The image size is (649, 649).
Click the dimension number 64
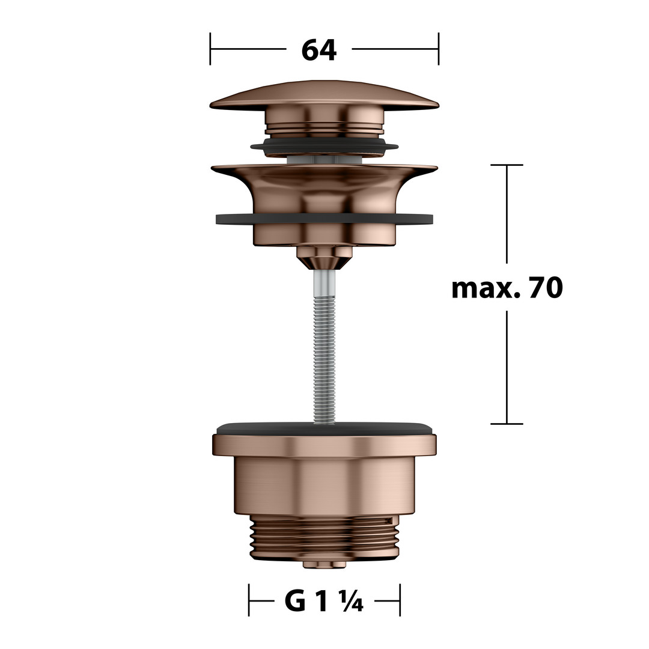318,50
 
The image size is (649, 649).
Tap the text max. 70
507,288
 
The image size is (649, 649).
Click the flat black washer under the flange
324,219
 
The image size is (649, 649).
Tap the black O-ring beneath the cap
324,145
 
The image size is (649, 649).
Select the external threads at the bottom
324,538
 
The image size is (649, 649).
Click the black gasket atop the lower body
324,428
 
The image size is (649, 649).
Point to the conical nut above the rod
324,257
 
